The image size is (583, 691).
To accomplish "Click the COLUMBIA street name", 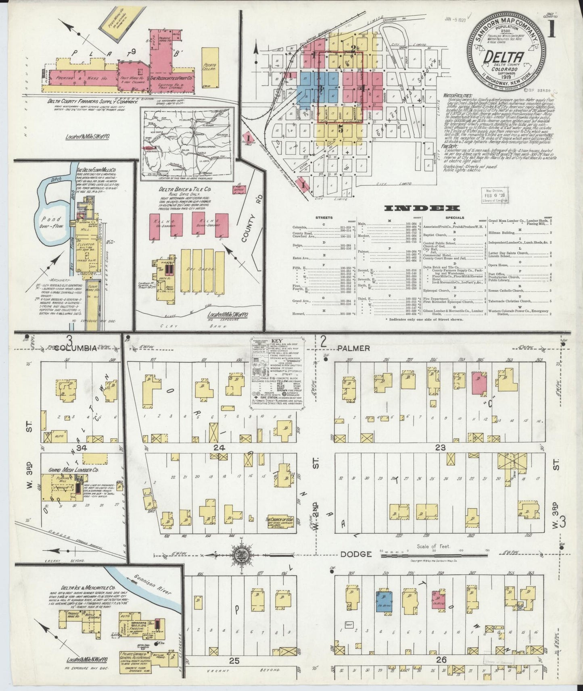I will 76,348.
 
